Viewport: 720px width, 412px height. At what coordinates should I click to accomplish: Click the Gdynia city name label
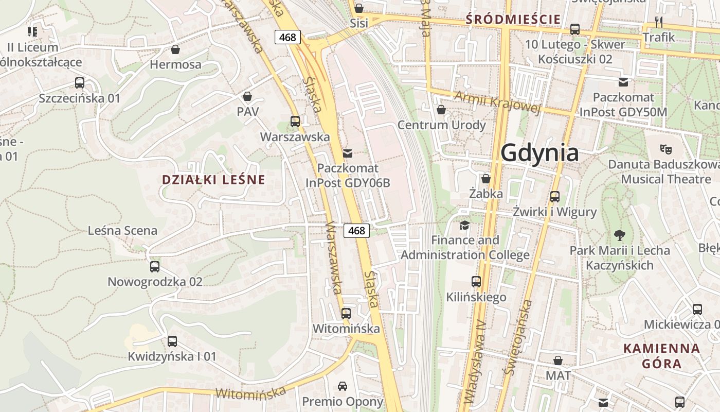(539, 153)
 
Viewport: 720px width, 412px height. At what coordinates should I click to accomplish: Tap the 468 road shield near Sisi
(287, 37)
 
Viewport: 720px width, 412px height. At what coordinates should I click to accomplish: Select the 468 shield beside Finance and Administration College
(356, 230)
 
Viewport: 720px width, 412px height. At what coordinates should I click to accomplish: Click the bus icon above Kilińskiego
(476, 282)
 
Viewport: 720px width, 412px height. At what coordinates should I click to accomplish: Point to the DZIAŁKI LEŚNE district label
(213, 180)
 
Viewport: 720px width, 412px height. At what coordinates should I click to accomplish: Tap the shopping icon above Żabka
(486, 179)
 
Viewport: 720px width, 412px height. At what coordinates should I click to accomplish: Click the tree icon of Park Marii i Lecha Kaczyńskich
(620, 235)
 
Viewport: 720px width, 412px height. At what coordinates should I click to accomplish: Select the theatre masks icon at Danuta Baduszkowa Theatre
(666, 149)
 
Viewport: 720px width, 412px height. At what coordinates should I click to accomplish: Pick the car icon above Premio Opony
(343, 386)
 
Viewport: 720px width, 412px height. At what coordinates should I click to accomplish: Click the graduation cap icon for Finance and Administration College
(464, 225)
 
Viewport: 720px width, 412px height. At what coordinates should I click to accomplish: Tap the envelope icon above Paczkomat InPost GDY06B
(348, 153)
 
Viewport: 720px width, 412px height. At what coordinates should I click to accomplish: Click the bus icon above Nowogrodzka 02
(155, 266)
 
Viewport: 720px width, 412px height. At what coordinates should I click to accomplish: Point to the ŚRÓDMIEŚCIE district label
(513, 20)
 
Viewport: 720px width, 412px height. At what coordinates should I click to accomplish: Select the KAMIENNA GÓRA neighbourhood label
(661, 356)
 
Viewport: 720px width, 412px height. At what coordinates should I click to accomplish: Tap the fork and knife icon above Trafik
(659, 22)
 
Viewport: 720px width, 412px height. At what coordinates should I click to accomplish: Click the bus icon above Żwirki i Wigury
(554, 196)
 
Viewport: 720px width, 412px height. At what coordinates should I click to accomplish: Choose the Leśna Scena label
(122, 230)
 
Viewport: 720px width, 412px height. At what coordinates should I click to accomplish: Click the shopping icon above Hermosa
(175, 49)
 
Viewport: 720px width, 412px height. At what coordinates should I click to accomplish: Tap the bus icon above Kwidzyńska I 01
(172, 341)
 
